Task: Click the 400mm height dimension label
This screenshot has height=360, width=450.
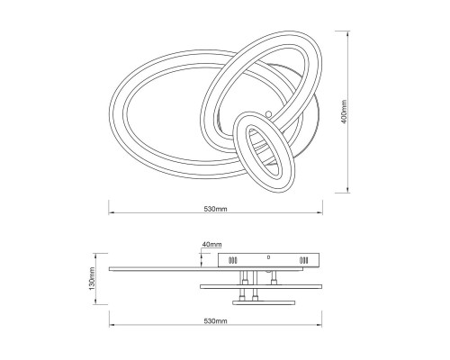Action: coord(344,112)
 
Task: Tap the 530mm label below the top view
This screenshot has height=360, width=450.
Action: coord(215,209)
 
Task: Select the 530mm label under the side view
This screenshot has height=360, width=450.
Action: coord(215,320)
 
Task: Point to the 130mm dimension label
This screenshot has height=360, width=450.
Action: coord(92,279)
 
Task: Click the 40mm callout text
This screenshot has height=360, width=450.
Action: coord(211,244)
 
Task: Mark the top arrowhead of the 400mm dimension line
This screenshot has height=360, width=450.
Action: coord(347,33)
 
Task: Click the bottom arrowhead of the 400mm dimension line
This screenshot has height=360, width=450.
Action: coord(347,190)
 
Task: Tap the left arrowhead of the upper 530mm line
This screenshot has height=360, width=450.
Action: coord(112,213)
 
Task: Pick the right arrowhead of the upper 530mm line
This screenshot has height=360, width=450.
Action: coord(319,213)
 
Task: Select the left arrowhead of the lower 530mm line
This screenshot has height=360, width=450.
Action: coord(112,325)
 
